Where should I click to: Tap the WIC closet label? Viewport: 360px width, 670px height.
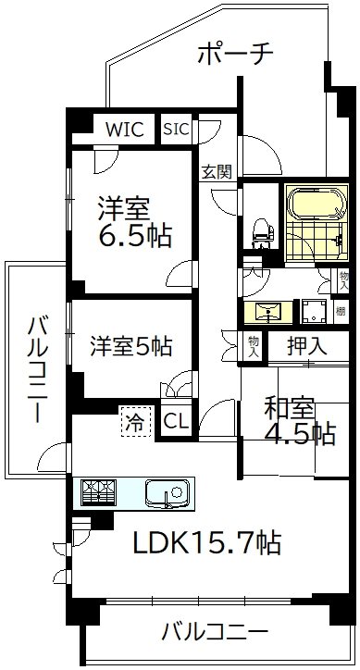coord(124,130)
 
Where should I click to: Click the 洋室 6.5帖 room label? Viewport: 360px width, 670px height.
coord(136,222)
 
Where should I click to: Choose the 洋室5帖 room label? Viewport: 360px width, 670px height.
coord(130,346)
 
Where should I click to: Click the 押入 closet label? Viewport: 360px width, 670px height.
coord(307,347)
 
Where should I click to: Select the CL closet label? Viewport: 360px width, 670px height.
coord(176,421)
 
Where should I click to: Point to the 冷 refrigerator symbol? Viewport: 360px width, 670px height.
coord(135,422)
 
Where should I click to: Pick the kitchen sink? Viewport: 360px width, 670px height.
coord(168,492)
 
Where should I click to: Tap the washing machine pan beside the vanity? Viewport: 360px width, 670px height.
coord(314,312)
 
